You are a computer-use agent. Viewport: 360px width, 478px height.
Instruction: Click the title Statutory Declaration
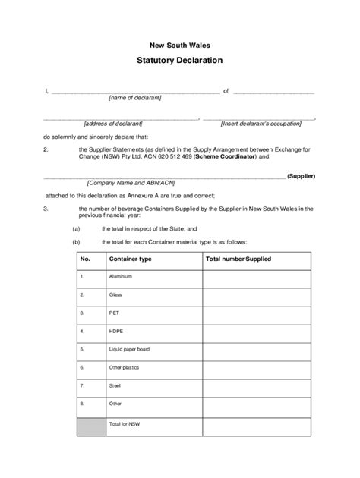pyautogui.click(x=180, y=60)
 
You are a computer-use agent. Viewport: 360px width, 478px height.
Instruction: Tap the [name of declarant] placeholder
pyautogui.click(x=135, y=98)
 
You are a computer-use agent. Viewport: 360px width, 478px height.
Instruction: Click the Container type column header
pyautogui.click(x=131, y=259)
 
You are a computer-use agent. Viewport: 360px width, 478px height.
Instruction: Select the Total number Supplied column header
pyautogui.click(x=238, y=259)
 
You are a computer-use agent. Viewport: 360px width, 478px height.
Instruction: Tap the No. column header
pyautogui.click(x=87, y=259)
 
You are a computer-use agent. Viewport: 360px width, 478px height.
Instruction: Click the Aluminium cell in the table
pyautogui.click(x=121, y=278)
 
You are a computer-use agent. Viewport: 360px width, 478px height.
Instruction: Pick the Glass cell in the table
pyautogui.click(x=116, y=294)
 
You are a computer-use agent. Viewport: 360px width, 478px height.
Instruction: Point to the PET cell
pyautogui.click(x=115, y=312)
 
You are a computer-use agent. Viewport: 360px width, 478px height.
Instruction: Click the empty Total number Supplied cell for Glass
pyautogui.click(x=256, y=294)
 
